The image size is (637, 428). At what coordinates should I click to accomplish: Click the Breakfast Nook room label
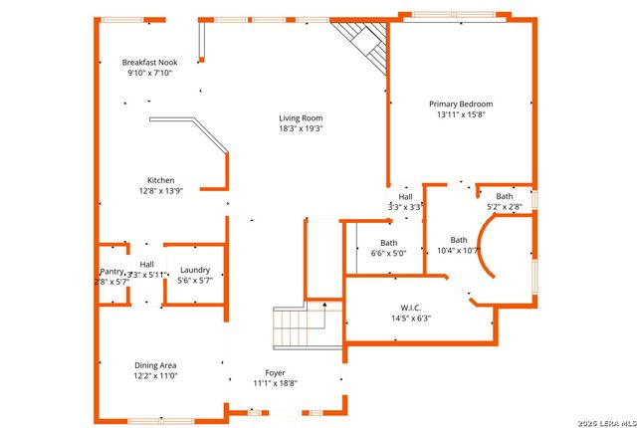click(x=149, y=62)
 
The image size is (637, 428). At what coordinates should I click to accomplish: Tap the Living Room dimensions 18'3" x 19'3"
click(x=301, y=128)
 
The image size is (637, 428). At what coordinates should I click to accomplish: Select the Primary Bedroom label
click(x=461, y=104)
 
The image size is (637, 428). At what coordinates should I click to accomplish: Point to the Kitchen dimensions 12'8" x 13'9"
click(x=161, y=190)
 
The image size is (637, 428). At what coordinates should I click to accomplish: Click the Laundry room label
click(x=195, y=270)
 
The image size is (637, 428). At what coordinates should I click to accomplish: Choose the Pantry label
click(x=111, y=272)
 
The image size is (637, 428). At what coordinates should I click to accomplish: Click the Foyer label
click(x=275, y=372)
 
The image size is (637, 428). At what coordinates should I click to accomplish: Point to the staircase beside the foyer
click(x=301, y=325)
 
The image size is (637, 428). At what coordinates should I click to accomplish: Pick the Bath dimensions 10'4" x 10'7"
click(x=458, y=250)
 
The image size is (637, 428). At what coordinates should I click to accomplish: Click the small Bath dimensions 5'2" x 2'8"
click(x=506, y=207)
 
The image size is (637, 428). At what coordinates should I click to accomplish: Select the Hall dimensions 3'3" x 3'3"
click(x=406, y=207)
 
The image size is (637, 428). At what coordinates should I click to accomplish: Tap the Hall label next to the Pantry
click(x=146, y=264)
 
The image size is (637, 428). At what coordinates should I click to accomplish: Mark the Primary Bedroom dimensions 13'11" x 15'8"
click(x=461, y=114)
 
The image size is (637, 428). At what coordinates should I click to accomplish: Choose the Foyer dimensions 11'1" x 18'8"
click(x=275, y=383)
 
